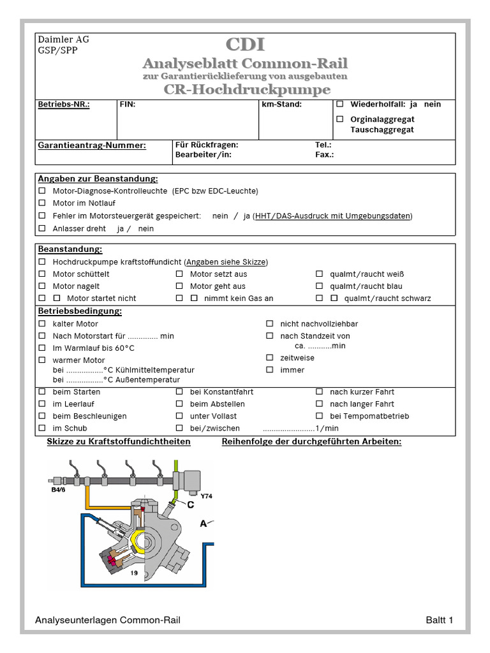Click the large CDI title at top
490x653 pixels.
(245, 45)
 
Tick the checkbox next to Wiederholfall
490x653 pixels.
(340, 104)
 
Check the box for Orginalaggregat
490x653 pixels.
(340, 119)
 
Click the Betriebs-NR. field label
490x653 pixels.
(64, 104)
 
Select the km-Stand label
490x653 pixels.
(281, 104)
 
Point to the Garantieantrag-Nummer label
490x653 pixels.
(92, 145)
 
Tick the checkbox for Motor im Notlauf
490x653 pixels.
(42, 203)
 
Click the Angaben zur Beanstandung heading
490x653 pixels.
(98, 179)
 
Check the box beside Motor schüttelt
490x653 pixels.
(42, 274)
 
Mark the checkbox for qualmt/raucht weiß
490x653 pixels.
(320, 274)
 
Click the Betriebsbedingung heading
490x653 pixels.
(80, 311)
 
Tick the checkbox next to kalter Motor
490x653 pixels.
(42, 324)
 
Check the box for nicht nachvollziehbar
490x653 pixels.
(270, 324)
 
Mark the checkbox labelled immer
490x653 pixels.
(270, 370)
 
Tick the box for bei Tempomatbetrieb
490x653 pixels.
(320, 416)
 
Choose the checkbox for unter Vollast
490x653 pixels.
(179, 416)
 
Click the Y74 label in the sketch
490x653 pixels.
(205, 495)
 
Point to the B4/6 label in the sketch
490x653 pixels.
(58, 491)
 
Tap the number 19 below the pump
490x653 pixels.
(135, 573)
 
